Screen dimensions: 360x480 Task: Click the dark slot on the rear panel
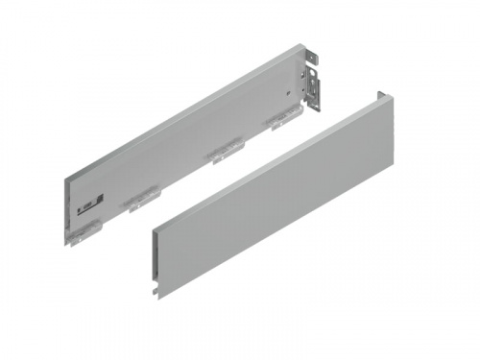click(87, 204)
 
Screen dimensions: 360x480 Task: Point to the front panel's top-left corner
click(152, 230)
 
